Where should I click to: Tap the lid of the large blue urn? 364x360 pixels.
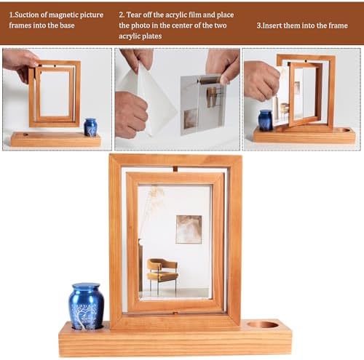click(86, 288)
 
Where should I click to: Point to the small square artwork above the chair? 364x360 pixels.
click(189, 229)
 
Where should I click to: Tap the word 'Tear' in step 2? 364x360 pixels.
click(137, 14)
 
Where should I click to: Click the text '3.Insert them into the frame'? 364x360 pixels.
click(302, 24)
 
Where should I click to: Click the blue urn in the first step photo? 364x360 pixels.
click(90, 127)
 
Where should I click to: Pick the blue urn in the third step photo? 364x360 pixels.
click(265, 120)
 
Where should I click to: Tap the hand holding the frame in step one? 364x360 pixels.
click(20, 62)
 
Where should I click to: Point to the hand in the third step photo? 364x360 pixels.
click(261, 80)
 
